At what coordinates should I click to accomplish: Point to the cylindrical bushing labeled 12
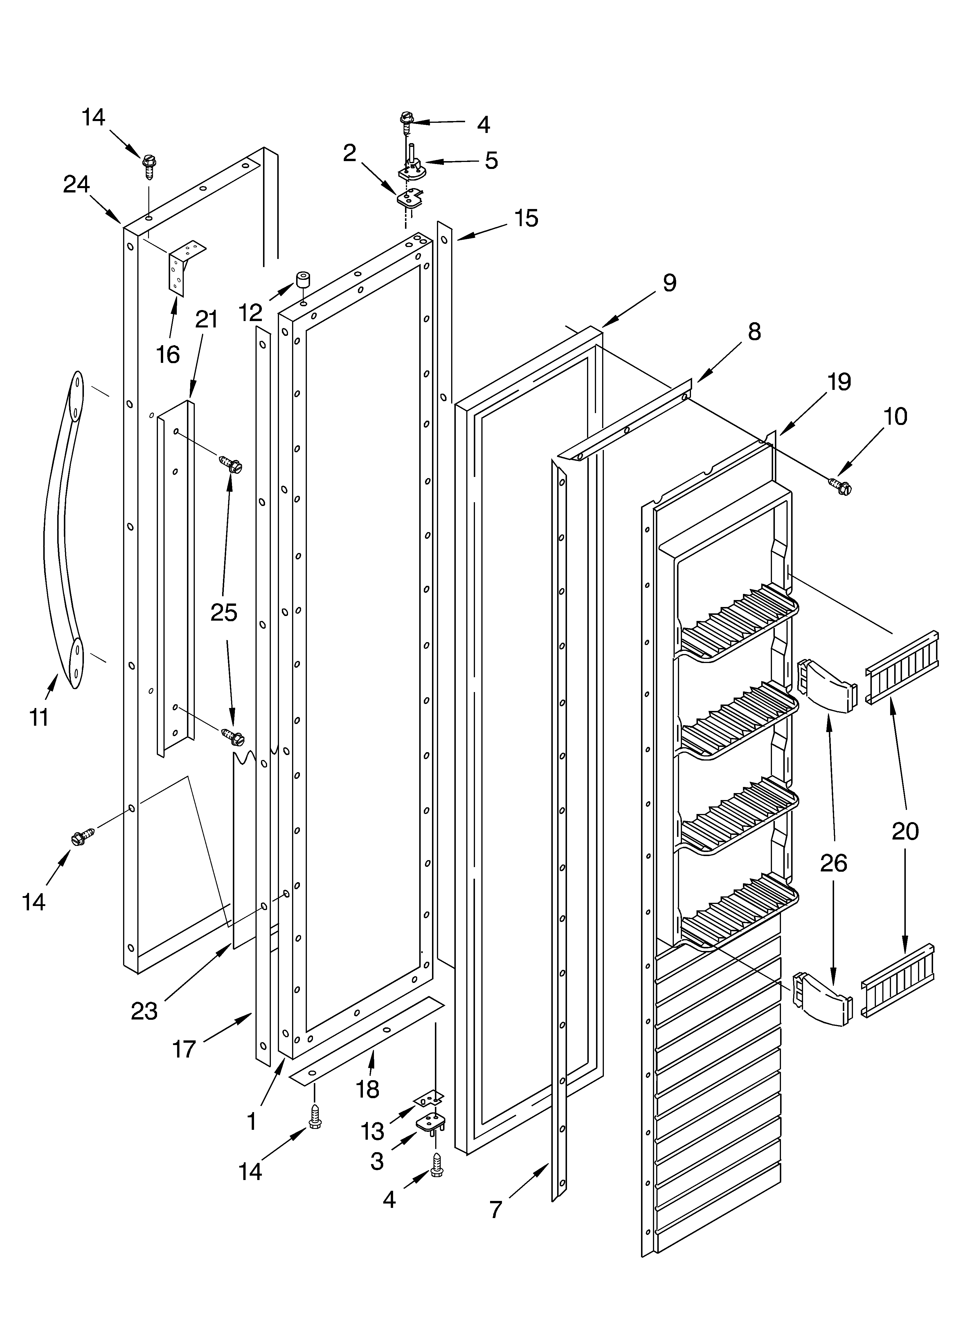(304, 280)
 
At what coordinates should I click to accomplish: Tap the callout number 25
(224, 613)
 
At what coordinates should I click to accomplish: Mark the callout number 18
(368, 1089)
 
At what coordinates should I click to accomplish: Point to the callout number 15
(526, 218)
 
